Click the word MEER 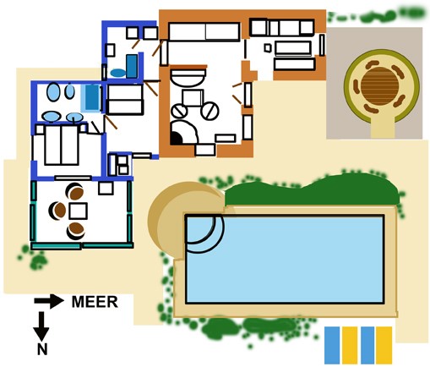pyautogui.click(x=95, y=302)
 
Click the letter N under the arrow pyautogui.click(x=42, y=349)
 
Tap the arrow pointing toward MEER pyautogui.click(x=49, y=301)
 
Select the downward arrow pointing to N pyautogui.click(x=41, y=326)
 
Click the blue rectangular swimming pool pyautogui.click(x=285, y=259)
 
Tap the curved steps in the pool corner pyautogui.click(x=204, y=233)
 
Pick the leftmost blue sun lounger pyautogui.click(x=332, y=345)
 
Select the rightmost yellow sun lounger pyautogui.click(x=384, y=345)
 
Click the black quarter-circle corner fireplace pyautogui.click(x=176, y=139)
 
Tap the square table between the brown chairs pyautogui.click(x=78, y=211)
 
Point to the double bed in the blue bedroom pyautogui.click(x=61, y=145)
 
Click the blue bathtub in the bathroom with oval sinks pyautogui.click(x=92, y=97)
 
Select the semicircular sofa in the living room pyautogui.click(x=188, y=77)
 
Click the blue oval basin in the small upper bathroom pyautogui.click(x=118, y=73)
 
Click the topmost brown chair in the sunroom pyautogui.click(x=76, y=193)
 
